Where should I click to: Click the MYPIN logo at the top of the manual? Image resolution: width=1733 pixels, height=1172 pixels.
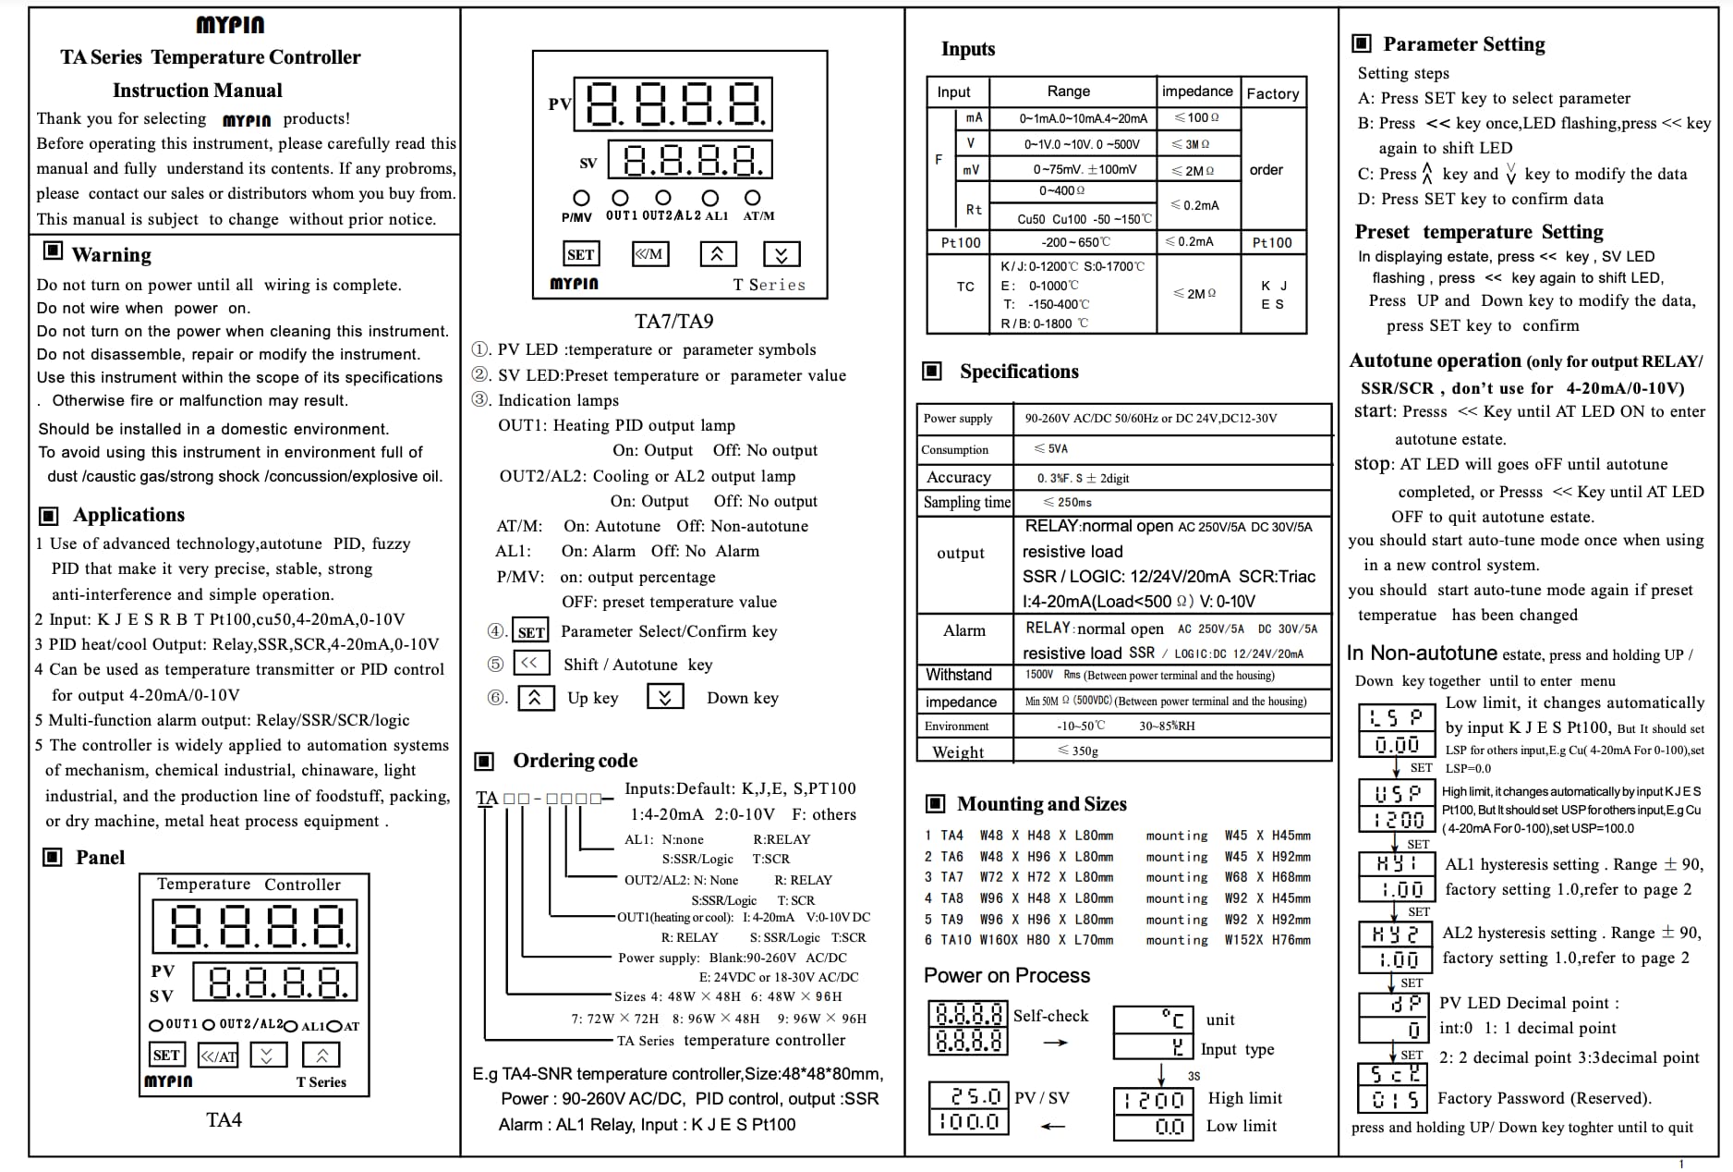(230, 25)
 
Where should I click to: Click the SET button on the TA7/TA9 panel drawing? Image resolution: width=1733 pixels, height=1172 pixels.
(580, 254)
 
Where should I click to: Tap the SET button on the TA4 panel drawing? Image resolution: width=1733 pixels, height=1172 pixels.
(166, 1055)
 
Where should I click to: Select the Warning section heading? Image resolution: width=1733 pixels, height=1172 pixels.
(111, 254)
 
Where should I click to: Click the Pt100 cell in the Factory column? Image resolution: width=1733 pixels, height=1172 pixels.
(1272, 242)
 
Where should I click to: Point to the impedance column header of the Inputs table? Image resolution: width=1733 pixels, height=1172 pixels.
(1196, 91)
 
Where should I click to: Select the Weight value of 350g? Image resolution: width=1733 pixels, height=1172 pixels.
(1078, 751)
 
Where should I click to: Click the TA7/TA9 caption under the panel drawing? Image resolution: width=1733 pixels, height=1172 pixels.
(673, 321)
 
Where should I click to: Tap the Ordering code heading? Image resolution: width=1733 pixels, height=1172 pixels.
(575, 760)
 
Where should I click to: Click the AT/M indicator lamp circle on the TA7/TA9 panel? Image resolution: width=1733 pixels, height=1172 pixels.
(753, 198)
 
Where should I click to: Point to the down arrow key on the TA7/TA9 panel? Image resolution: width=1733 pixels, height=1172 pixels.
(782, 254)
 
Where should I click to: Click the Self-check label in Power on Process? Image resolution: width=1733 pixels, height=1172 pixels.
(1050, 1015)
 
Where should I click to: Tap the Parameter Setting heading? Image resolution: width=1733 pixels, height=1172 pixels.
(1463, 43)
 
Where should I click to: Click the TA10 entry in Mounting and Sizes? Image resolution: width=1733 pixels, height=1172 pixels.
(954, 940)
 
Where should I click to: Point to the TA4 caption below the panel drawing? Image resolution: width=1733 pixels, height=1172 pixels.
(224, 1119)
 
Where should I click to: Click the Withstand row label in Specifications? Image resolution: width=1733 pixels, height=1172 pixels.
(959, 675)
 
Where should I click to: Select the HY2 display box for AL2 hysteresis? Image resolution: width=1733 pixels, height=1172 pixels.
(1396, 934)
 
